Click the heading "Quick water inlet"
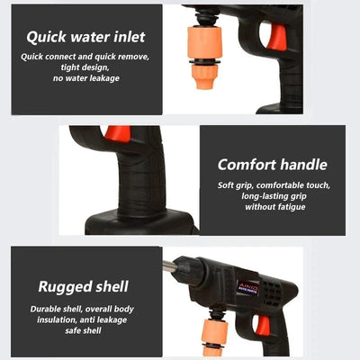[x=85, y=38]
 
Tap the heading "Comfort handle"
[x=272, y=164]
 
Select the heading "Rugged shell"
[x=83, y=287]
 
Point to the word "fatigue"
[x=286, y=207]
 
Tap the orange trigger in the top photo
[x=278, y=35]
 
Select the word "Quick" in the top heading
[x=47, y=38]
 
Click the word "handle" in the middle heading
[x=303, y=164]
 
